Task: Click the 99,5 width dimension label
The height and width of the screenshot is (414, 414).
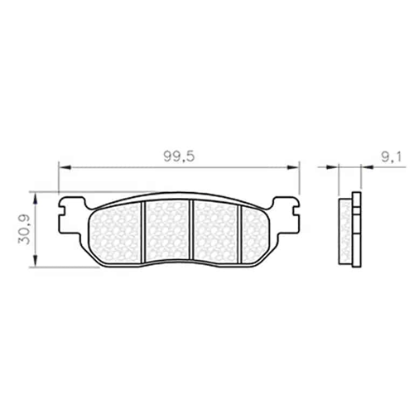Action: coord(179,156)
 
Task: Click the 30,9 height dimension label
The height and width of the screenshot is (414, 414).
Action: coord(24,229)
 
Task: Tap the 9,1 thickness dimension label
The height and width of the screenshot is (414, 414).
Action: coord(392,157)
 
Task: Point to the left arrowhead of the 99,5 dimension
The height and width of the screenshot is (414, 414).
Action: coord(65,167)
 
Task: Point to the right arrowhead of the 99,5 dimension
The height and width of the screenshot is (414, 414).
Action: coord(293,167)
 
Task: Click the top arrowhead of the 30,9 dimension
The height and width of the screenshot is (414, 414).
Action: coord(35,199)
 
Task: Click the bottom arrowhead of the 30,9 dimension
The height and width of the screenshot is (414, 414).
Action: coord(35,261)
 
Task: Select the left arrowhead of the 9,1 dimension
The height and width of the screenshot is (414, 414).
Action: coord(332,166)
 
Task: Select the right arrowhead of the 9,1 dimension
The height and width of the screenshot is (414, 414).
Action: coord(367,166)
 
